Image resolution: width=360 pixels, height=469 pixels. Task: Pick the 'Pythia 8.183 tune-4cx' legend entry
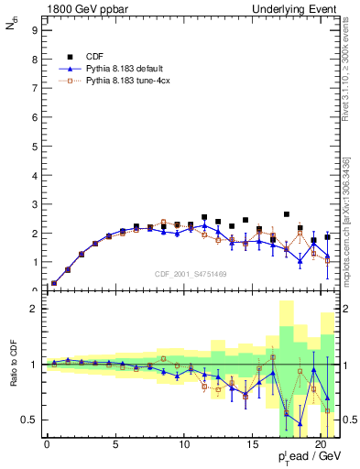click(x=127, y=82)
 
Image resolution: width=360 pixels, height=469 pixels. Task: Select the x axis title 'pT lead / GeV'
click(x=303, y=459)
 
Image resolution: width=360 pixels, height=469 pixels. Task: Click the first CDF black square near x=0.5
click(x=54, y=283)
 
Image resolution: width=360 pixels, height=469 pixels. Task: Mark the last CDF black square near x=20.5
click(x=327, y=236)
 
